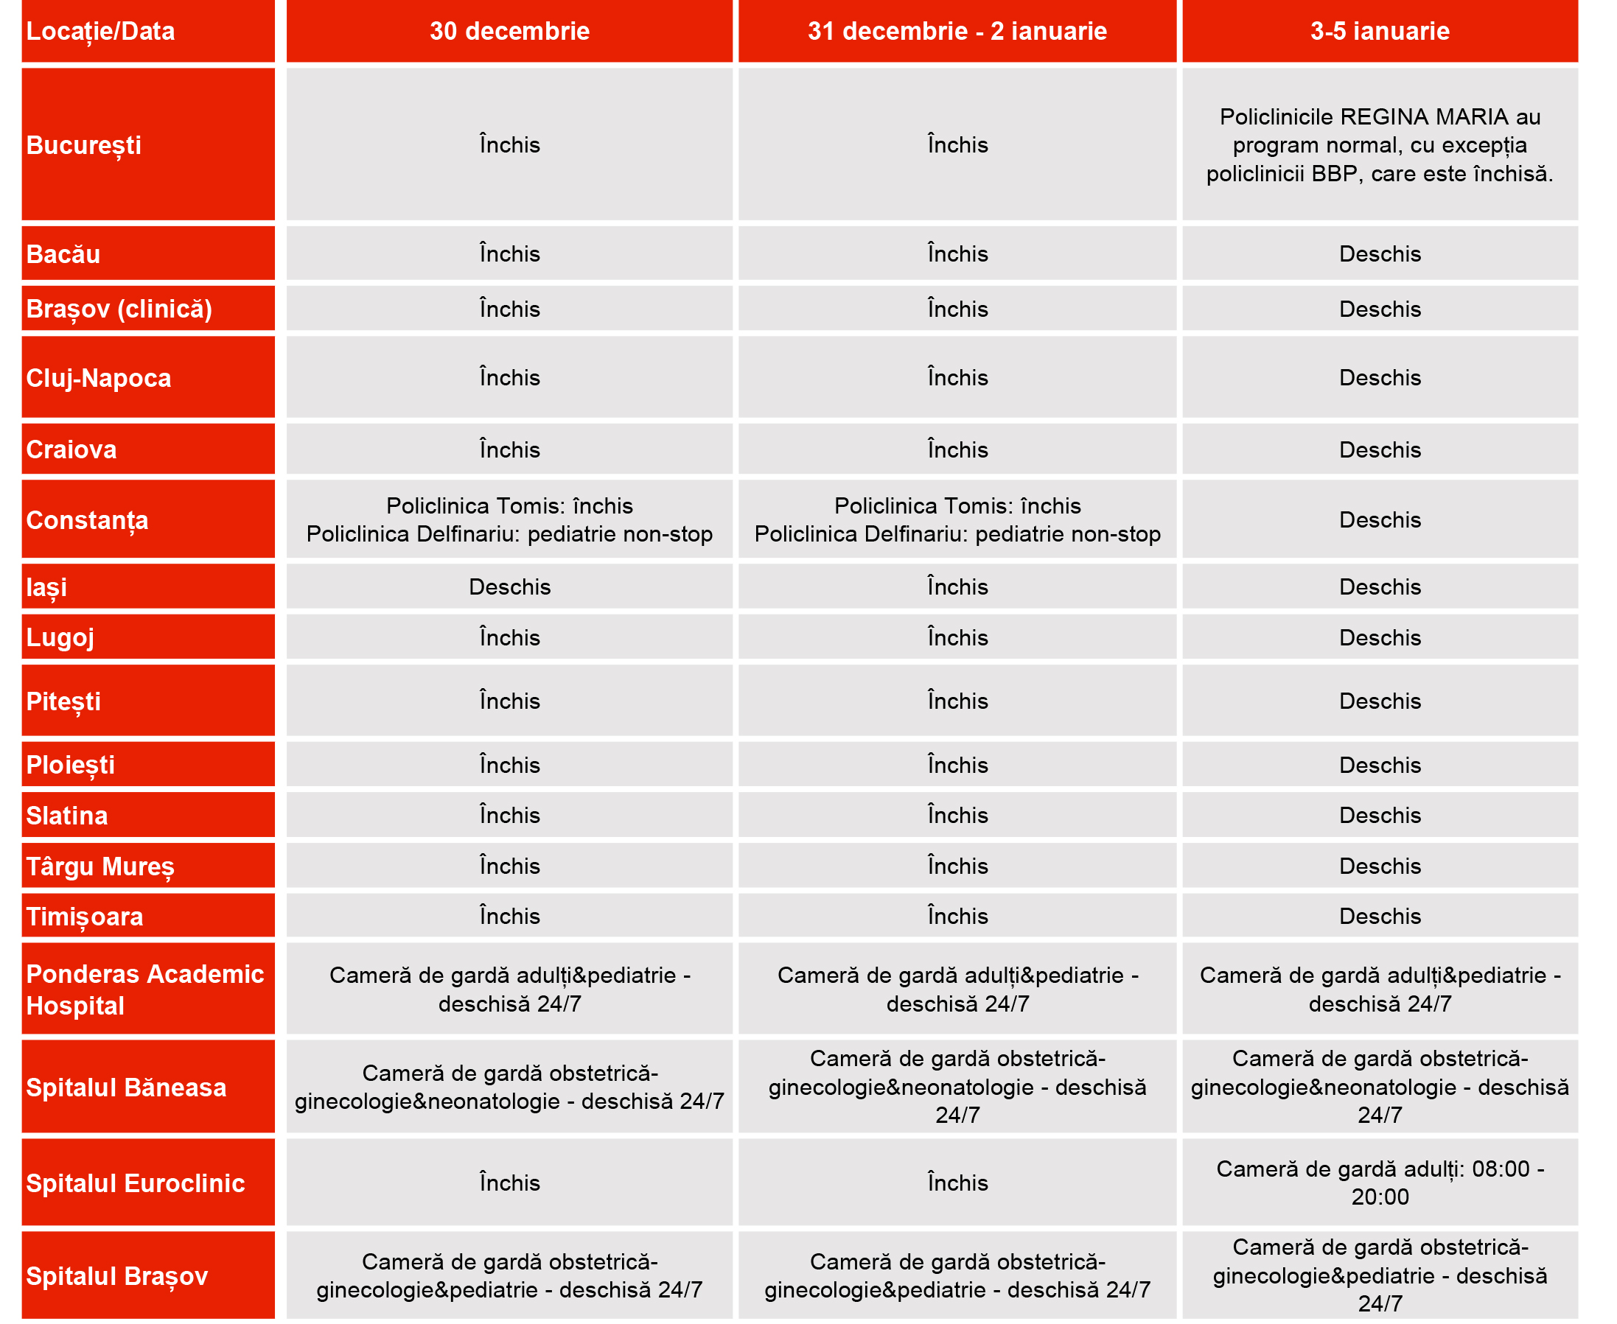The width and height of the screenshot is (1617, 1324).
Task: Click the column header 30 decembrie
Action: coord(509,31)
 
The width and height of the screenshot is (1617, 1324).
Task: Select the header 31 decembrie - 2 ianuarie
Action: coord(957,31)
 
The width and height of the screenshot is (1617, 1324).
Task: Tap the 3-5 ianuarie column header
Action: coord(1379,31)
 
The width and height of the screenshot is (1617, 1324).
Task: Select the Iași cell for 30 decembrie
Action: coord(509,586)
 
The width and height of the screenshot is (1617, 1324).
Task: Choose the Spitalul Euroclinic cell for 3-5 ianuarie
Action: coord(1379,1183)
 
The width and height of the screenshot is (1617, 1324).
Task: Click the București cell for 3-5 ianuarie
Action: coord(1379,145)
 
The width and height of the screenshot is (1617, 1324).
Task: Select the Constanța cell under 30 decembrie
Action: coord(509,520)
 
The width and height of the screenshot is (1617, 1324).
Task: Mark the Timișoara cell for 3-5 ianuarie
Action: coord(1379,916)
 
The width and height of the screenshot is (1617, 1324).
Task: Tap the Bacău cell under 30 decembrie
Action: coord(509,254)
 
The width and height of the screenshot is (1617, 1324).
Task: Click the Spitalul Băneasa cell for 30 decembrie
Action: coord(509,1087)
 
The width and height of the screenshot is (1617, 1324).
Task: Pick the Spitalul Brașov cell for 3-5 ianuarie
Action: coord(1379,1275)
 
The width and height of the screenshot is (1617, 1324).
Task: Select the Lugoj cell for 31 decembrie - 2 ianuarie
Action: coord(957,637)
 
